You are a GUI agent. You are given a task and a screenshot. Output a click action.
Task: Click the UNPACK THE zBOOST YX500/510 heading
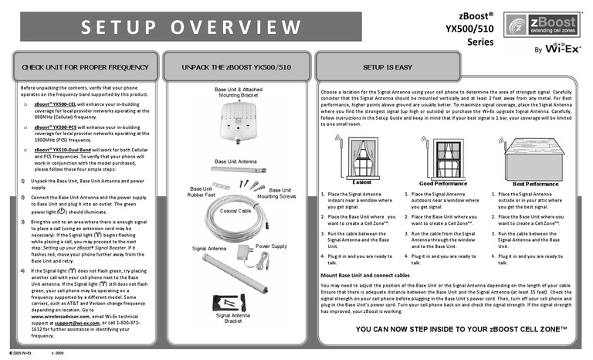click(x=236, y=68)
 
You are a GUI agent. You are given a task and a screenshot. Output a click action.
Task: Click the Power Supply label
click(x=271, y=246)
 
